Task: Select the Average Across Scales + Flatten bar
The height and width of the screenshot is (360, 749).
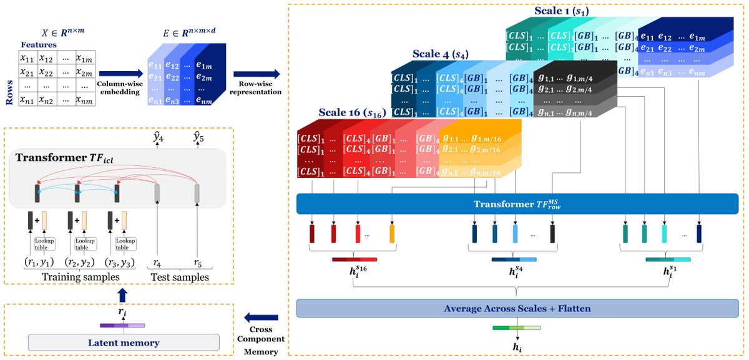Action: [517, 309]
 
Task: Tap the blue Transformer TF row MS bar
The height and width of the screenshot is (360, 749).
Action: [517, 203]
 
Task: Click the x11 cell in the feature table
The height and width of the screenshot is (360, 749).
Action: [26, 58]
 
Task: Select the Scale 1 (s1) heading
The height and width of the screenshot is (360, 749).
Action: [561, 11]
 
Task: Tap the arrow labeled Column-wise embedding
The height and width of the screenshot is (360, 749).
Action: [117, 74]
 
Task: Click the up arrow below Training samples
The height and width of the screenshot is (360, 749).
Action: [122, 293]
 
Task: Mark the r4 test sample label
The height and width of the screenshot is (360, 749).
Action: [158, 261]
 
